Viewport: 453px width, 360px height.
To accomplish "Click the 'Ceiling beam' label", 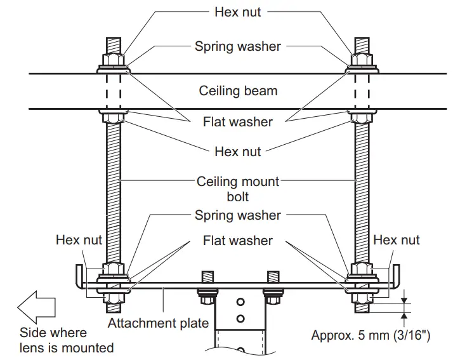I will click(238, 91).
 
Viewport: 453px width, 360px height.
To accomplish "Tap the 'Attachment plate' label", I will click(158, 323).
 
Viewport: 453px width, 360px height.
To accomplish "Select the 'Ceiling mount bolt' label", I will click(238, 189).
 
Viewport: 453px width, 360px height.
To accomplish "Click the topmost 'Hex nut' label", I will click(238, 12).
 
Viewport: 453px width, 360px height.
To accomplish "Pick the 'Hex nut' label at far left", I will click(79, 240).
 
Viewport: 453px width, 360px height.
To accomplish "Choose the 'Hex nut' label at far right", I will click(397, 240).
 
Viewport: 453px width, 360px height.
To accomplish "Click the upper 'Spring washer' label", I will click(237, 46).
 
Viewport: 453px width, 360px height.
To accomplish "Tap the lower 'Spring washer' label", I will click(237, 215).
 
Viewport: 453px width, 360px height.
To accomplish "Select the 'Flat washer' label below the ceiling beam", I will click(238, 121).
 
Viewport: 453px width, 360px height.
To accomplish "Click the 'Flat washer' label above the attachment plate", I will click(238, 241).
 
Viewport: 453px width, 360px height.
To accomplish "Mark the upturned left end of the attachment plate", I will click(78, 276).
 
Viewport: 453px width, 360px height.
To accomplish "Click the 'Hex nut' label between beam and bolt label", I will click(238, 152).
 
